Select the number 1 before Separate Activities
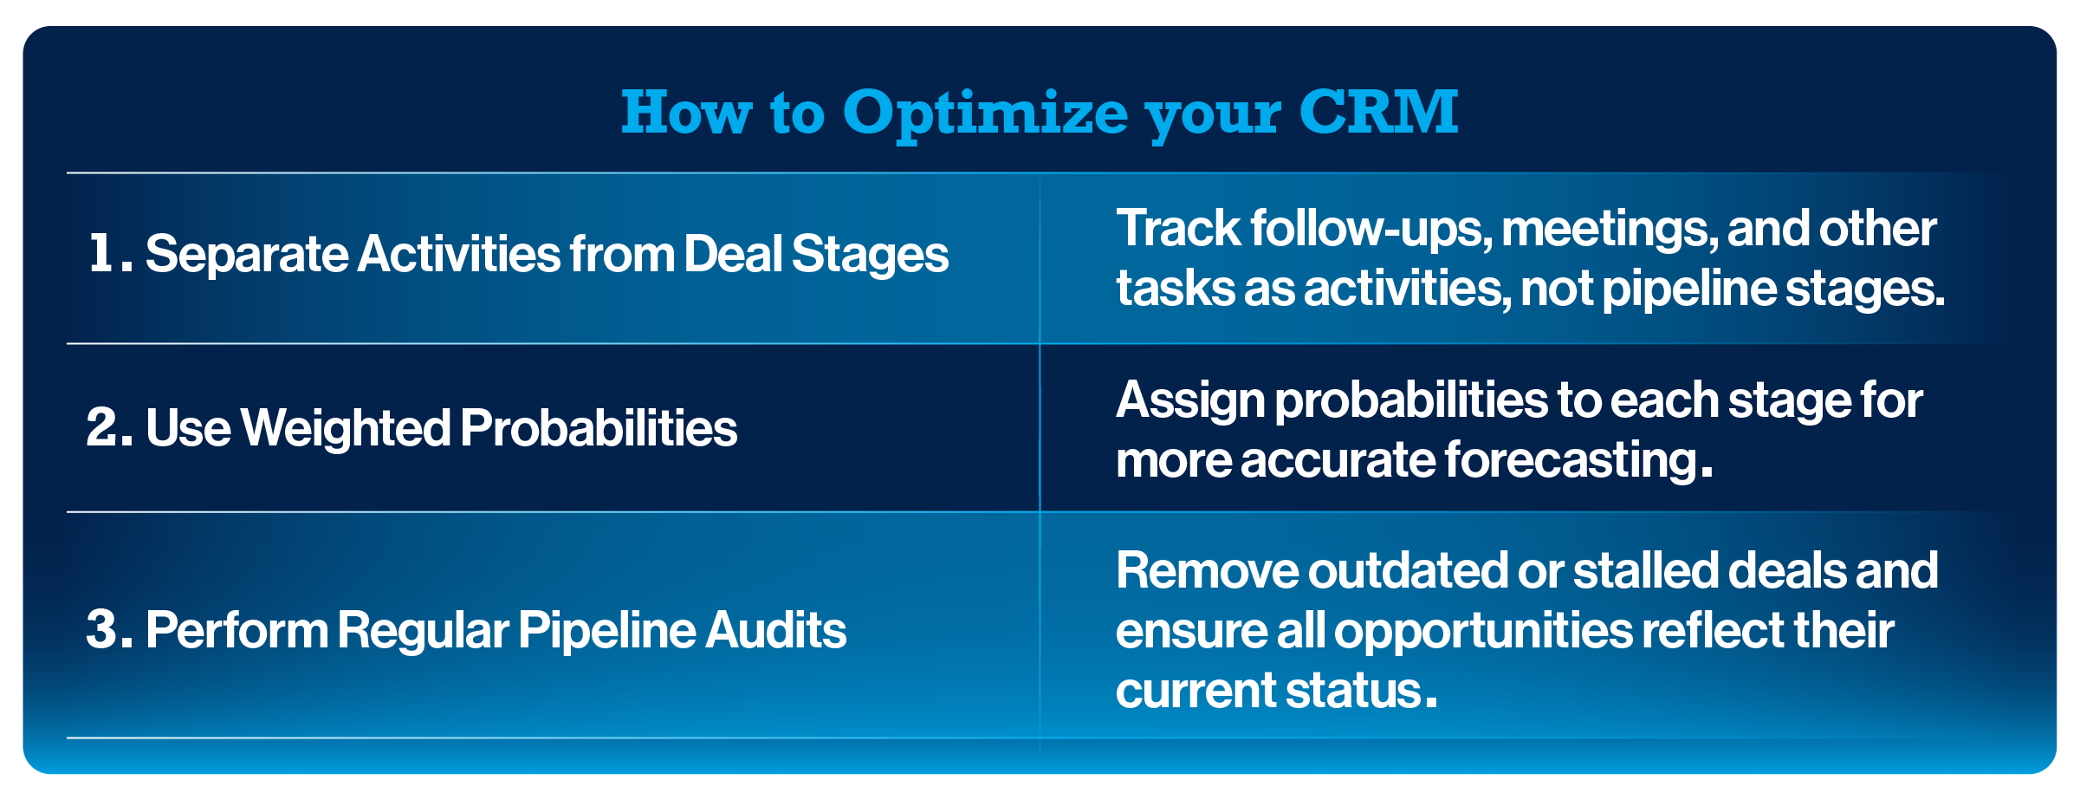coord(102,253)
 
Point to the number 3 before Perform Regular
coord(102,629)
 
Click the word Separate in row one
coord(246,255)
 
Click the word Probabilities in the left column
coord(599,429)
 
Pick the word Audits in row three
coord(775,630)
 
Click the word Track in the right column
coord(1178,229)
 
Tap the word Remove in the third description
coord(1207,571)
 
